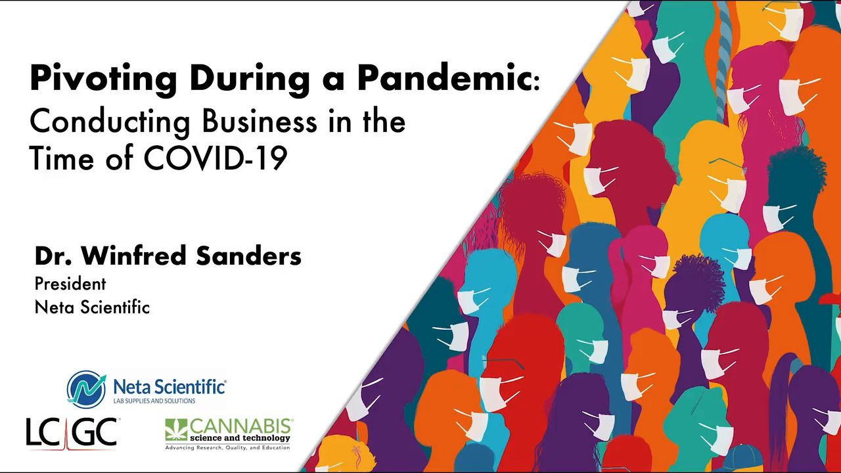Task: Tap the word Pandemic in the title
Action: (x=444, y=79)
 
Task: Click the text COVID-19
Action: (x=215, y=159)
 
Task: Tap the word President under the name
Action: (x=70, y=284)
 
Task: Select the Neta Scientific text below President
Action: (x=92, y=307)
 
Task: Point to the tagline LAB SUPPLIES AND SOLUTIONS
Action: (x=154, y=401)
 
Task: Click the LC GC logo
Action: (x=72, y=432)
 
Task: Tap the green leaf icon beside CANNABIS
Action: (x=176, y=430)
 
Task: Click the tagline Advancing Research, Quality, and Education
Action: (x=227, y=447)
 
